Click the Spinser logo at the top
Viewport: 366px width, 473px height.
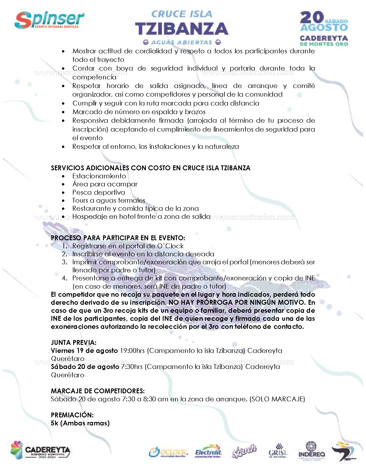coord(49,20)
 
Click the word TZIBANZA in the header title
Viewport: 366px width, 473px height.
coord(181,29)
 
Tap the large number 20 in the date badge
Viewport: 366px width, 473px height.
coord(312,18)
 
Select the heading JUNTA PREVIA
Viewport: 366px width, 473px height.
coord(73,343)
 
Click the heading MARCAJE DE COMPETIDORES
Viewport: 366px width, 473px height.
coord(98,391)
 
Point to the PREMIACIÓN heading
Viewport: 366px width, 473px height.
coord(72,415)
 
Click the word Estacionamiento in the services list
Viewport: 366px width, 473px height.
coord(99,176)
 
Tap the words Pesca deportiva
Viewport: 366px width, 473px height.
coord(98,192)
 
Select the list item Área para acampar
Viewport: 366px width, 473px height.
coord(105,184)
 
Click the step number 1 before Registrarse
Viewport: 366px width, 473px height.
coord(65,246)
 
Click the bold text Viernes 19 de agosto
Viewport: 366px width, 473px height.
coord(84,351)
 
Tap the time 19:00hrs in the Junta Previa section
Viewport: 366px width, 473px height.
coord(132,351)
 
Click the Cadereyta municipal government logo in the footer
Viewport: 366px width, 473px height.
coord(40,450)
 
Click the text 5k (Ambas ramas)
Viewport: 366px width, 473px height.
coord(80,423)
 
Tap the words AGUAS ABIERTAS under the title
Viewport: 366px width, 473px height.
coord(182,42)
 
